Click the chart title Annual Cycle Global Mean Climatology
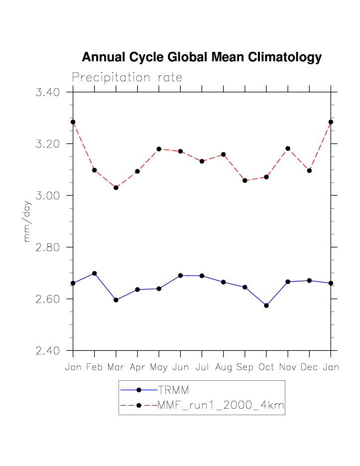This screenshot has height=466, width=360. tap(202, 57)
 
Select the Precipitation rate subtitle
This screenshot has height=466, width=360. tap(127, 78)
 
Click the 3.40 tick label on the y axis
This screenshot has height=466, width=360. tap(48, 92)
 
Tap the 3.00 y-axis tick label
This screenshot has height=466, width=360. tap(48, 195)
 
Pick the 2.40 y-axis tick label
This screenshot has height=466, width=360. tap(48, 351)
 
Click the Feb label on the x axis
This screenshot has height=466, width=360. tap(94, 367)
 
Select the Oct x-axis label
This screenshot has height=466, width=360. tap(266, 367)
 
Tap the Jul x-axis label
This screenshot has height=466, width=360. tap(202, 367)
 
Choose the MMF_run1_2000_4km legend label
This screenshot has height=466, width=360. tap(221, 406)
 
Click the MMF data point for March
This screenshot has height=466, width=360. tap(116, 188)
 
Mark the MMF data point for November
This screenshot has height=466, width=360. tap(288, 149)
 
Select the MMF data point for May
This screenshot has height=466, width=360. tap(159, 149)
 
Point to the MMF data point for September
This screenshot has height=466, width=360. tap(245, 180)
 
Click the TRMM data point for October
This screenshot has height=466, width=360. tap(266, 306)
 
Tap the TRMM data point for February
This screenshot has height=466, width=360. tap(95, 273)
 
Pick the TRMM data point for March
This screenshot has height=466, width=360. tap(116, 300)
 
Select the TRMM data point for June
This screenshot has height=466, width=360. tap(180, 275)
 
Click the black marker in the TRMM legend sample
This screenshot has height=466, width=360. tap(139, 390)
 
